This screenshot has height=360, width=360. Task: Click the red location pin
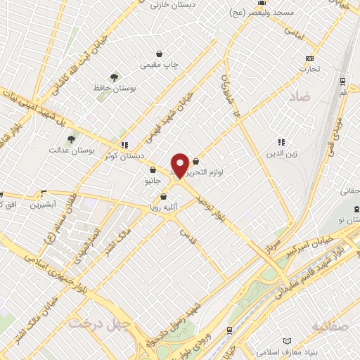pos(180,165)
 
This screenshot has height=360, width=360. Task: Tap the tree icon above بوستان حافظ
pos(113,77)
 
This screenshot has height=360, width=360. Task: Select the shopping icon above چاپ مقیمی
pos(160,53)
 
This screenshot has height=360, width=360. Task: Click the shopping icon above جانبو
pos(153,169)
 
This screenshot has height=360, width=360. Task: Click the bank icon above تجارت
pos(310,58)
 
